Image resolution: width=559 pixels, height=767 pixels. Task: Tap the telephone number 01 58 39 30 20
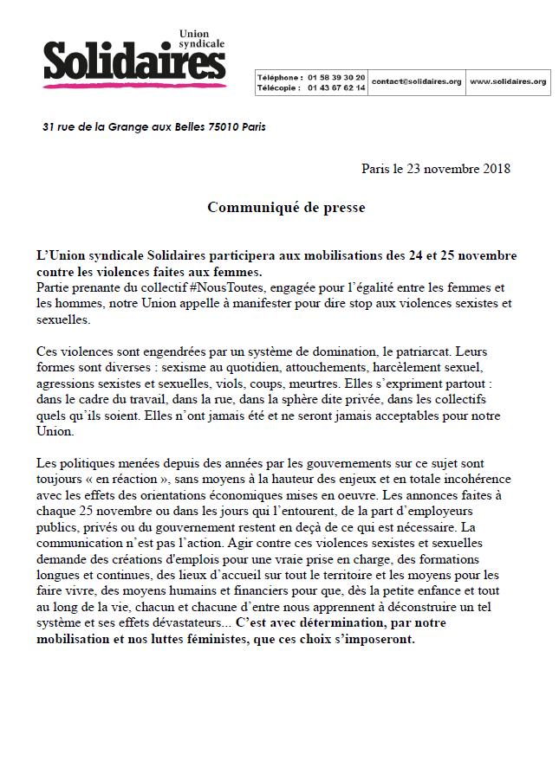click(336, 77)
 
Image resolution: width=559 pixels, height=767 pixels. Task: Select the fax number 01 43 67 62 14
click(336, 87)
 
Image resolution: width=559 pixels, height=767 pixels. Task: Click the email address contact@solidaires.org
click(416, 81)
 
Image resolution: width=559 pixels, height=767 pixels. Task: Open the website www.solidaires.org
click(508, 81)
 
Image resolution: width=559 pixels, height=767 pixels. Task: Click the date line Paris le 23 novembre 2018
click(435, 168)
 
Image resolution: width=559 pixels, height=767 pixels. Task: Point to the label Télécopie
click(278, 87)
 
